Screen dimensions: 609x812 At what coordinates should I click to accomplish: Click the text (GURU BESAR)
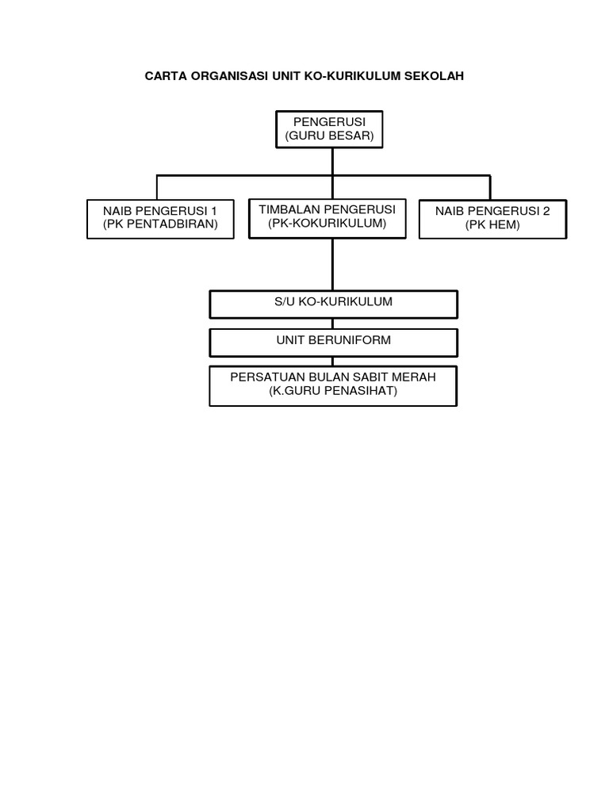click(329, 136)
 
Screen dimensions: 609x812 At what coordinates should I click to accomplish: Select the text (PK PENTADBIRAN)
click(160, 224)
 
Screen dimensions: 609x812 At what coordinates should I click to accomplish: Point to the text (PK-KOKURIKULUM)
click(327, 223)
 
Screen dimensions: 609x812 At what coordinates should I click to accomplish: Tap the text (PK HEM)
click(492, 224)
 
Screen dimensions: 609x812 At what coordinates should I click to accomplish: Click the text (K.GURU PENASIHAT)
click(333, 391)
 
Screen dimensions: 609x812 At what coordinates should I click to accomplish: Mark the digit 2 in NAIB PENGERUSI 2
click(546, 211)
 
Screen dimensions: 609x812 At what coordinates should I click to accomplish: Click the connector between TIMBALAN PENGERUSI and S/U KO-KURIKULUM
click(332, 265)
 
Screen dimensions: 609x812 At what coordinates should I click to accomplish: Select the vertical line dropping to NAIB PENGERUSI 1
click(157, 187)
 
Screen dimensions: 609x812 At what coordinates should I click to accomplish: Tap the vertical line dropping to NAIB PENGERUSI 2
click(490, 187)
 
